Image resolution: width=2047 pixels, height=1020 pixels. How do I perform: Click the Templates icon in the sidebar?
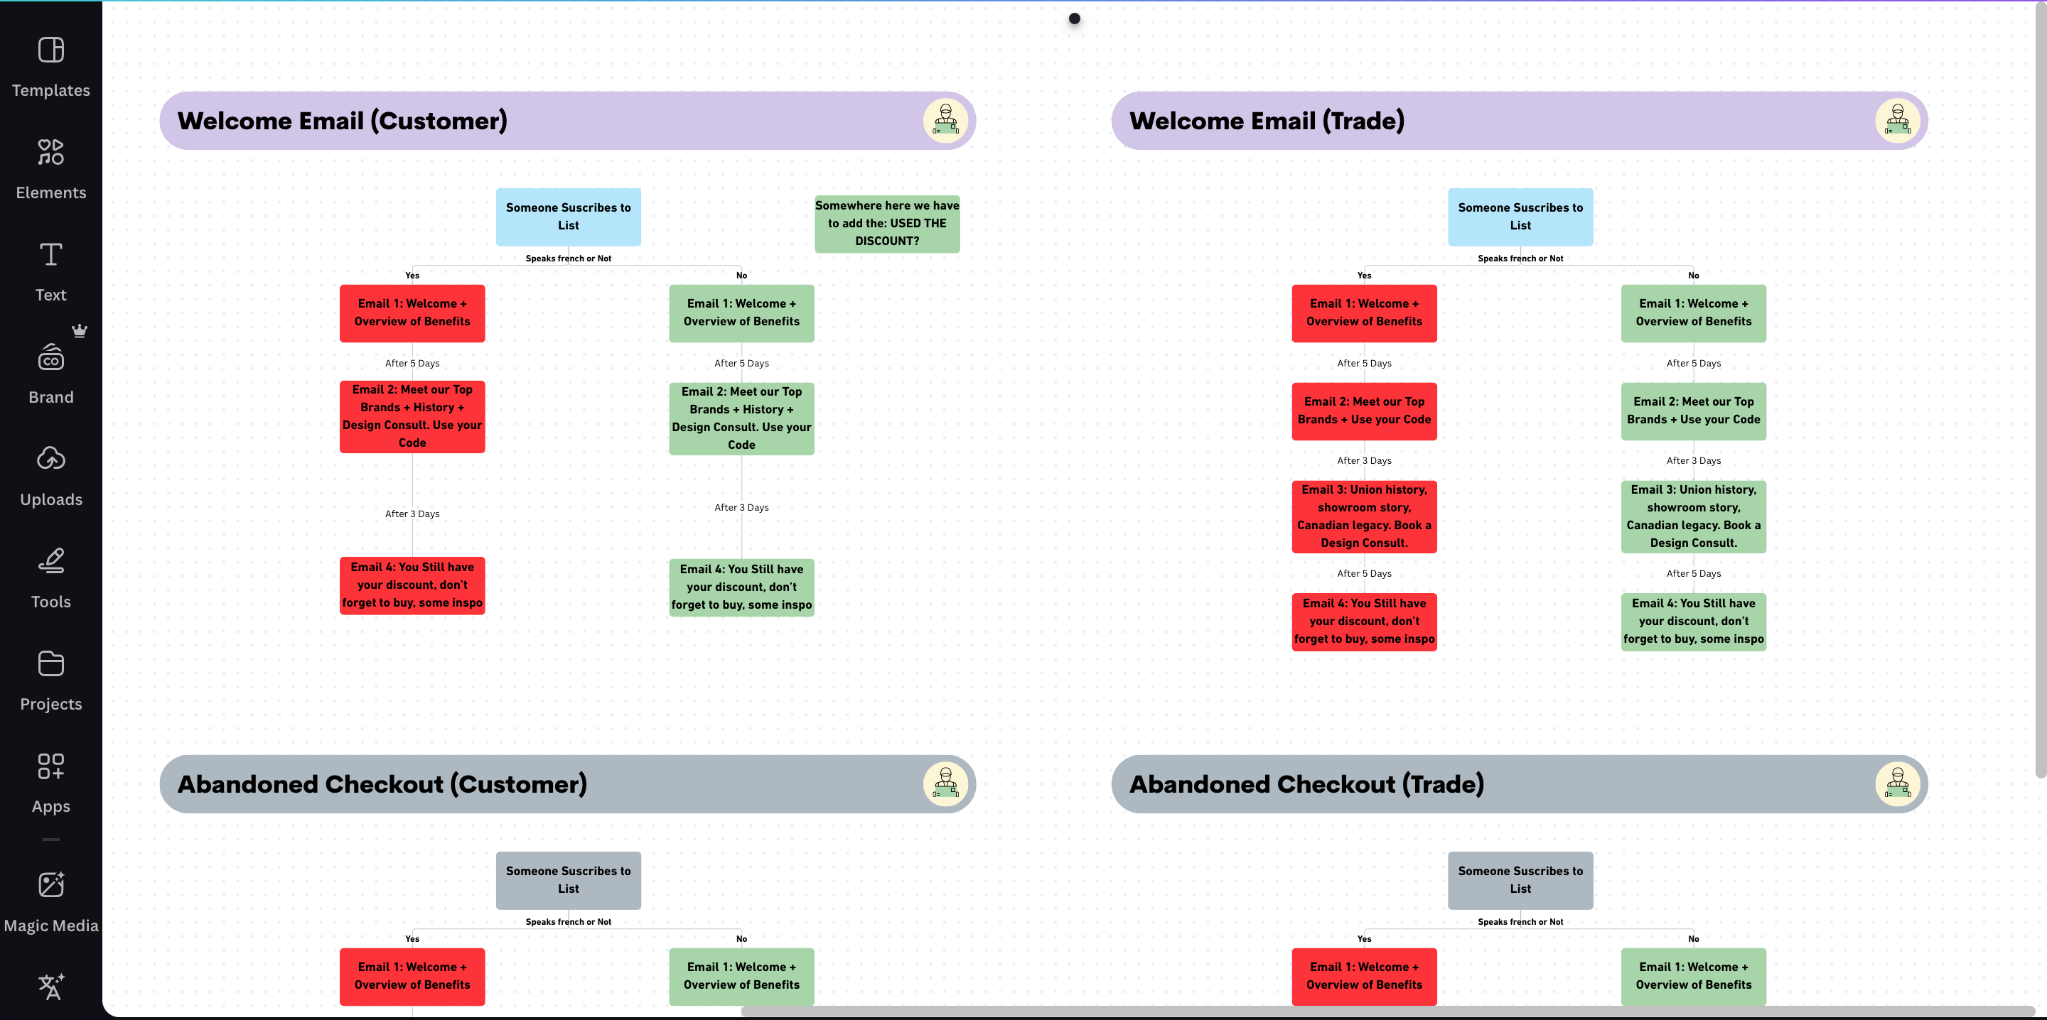click(51, 50)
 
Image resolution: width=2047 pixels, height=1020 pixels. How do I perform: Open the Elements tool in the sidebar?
click(51, 152)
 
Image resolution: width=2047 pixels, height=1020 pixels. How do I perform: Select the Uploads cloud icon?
click(51, 458)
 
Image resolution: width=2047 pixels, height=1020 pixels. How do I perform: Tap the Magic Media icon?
click(51, 884)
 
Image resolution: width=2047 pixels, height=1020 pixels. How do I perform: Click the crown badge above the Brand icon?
click(80, 330)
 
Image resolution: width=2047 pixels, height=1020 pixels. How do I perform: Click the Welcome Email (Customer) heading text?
click(342, 121)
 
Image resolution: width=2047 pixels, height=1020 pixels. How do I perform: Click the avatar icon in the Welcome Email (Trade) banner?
click(1898, 121)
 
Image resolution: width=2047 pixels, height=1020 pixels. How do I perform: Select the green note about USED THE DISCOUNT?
click(887, 223)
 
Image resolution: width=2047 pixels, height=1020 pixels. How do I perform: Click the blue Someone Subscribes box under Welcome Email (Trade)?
click(1520, 217)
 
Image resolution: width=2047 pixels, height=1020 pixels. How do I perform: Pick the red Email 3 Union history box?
click(1365, 516)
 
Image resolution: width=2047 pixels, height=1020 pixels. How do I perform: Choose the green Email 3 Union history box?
click(1693, 516)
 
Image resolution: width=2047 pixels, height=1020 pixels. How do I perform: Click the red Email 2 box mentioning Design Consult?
click(412, 416)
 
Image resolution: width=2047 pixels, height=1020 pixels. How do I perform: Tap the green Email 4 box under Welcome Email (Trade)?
click(1693, 622)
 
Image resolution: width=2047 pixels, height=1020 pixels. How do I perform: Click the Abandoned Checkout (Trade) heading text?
click(1306, 784)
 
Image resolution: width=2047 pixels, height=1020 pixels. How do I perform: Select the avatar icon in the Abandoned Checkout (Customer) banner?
click(945, 784)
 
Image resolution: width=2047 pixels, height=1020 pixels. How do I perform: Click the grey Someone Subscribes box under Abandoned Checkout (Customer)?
click(568, 880)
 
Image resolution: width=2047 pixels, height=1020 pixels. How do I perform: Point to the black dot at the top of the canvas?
click(1075, 18)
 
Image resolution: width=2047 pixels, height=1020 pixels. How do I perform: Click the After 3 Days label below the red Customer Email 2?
click(412, 514)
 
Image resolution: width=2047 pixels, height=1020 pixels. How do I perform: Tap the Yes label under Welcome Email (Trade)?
click(1365, 276)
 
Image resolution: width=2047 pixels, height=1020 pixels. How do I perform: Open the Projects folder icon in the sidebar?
click(51, 663)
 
